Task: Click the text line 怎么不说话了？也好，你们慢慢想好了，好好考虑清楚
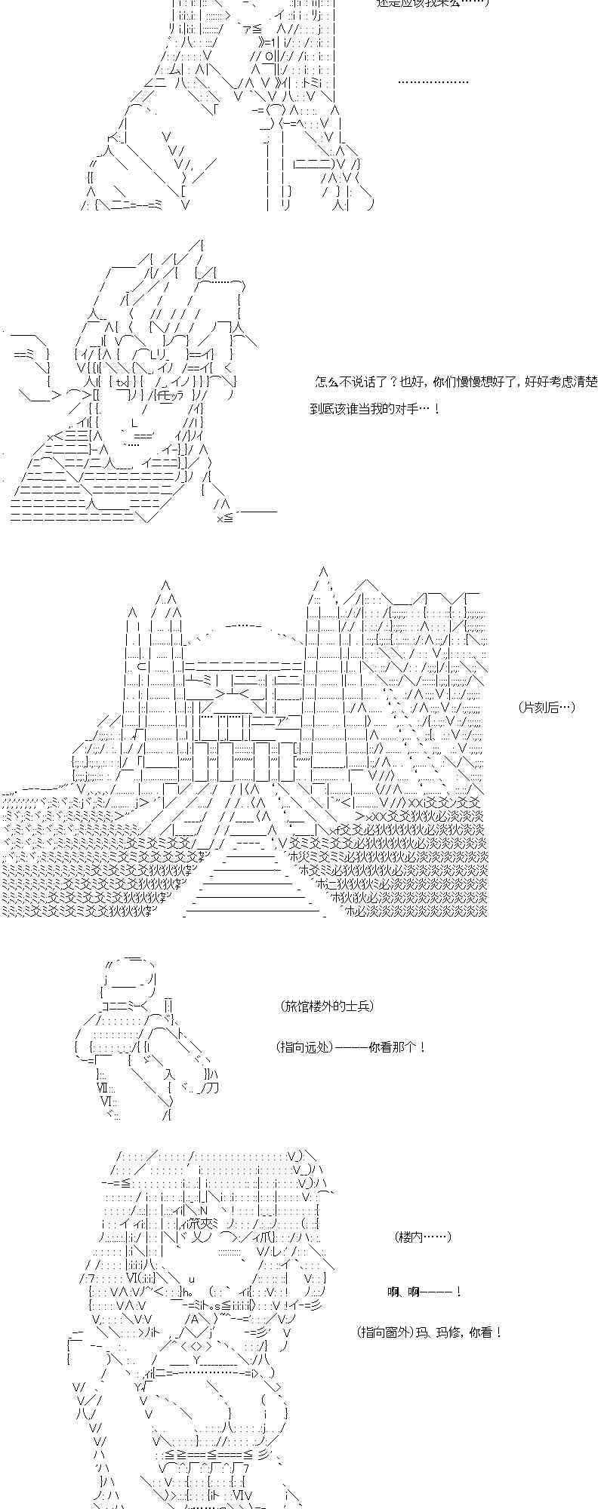[455, 383]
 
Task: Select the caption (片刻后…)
[547, 707]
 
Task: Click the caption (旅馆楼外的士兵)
[326, 1007]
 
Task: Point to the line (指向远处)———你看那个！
[351, 1047]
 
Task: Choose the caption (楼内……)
[422, 1237]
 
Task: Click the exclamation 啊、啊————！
[424, 1292]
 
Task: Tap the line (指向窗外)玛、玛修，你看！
[430, 1332]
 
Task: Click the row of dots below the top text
[432, 81]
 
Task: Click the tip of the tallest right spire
[322, 573]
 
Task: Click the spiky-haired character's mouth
[136, 435]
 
